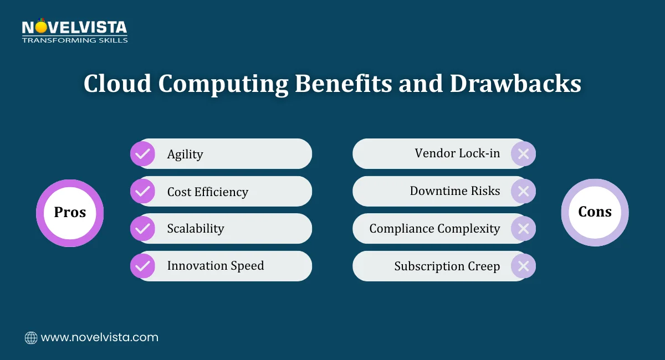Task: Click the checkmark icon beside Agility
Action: tap(142, 153)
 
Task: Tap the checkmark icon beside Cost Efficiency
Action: tap(142, 191)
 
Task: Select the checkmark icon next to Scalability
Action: tap(142, 228)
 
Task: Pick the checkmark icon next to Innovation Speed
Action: tap(142, 266)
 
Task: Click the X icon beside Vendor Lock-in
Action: tap(523, 153)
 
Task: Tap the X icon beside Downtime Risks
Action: tap(523, 191)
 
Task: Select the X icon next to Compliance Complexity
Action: tap(523, 228)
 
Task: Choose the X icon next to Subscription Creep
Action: tap(523, 266)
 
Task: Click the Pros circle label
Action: tap(70, 213)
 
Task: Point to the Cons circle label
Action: tap(595, 212)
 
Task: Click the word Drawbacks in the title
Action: tap(515, 84)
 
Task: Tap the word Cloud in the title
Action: tap(117, 84)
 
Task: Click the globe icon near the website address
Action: tap(31, 337)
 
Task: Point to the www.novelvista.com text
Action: tap(100, 337)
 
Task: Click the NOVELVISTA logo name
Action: tap(74, 27)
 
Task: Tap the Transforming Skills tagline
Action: tap(74, 40)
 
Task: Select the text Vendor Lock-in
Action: tap(457, 153)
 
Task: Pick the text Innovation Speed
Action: tap(216, 266)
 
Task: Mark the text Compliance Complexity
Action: tap(434, 228)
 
